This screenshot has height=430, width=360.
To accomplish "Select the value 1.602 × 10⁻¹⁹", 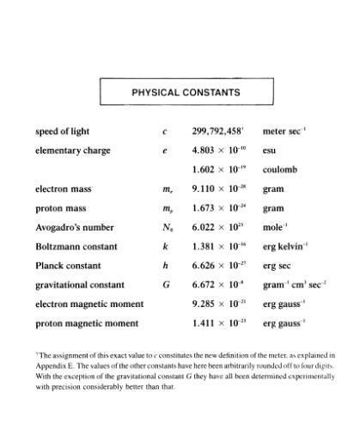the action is (217, 169).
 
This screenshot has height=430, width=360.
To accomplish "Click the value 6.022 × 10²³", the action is (217, 228).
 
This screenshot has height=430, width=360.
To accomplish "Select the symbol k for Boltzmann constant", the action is (164, 247).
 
